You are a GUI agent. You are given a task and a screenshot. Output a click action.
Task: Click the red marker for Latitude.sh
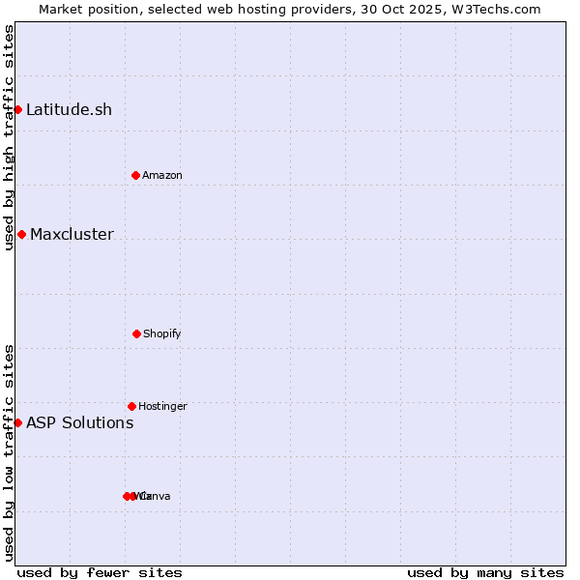pos(17,109)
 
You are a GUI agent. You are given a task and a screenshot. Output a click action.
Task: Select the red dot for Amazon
pos(135,175)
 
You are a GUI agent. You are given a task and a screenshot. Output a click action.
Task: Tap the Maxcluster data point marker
pos(21,234)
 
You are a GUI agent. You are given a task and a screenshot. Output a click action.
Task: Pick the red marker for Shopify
pos(136,333)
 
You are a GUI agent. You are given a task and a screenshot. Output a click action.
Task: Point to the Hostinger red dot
pos(131,406)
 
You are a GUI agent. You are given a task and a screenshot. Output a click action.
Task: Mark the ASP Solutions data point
pos(17,422)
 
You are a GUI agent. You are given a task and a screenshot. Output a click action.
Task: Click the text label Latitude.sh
pos(69,109)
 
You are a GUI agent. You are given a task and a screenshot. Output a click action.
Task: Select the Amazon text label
pos(162,175)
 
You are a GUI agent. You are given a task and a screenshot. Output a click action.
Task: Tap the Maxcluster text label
pos(72,234)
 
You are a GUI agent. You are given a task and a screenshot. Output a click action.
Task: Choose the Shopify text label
pos(162,333)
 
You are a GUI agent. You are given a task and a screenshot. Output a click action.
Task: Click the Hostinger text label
pos(162,406)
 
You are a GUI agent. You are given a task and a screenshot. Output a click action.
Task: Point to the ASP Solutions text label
pos(79,422)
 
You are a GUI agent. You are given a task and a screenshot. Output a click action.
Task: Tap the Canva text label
pos(155,496)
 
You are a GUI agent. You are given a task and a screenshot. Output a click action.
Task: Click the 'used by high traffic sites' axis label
pos(9,137)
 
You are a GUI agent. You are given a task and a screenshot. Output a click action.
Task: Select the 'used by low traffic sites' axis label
pos(9,452)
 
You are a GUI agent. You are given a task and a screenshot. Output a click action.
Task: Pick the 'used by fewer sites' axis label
pos(100,572)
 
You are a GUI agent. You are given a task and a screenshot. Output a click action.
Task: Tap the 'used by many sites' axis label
pos(485,572)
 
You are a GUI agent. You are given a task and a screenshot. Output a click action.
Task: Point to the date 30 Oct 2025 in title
pos(405,9)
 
